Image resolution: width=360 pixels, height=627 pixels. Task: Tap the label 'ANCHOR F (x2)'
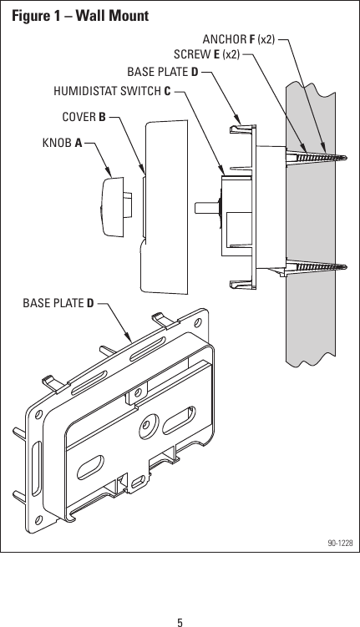coord(239,38)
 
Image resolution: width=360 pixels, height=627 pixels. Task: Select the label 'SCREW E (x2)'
coord(206,55)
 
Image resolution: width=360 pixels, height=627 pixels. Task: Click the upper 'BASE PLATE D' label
coord(162,72)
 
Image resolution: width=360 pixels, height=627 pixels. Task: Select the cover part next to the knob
coord(167,209)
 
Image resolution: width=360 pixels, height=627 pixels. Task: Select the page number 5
coord(180,599)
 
